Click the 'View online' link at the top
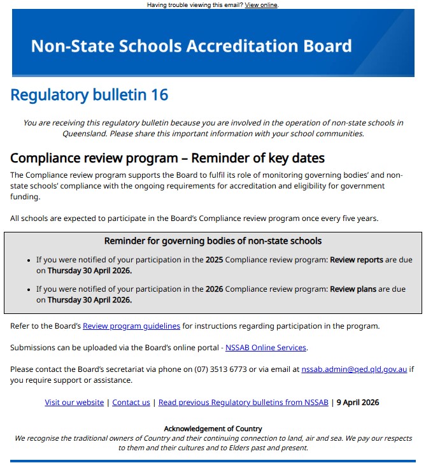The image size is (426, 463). (261, 5)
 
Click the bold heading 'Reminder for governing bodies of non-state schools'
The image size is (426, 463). (213, 241)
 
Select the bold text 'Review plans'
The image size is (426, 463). (353, 289)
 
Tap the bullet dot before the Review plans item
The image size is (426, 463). (29, 290)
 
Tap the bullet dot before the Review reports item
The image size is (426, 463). (29, 260)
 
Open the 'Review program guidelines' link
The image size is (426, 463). (131, 326)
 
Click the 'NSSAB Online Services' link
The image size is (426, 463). (266, 348)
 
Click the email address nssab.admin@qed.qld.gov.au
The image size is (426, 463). (354, 369)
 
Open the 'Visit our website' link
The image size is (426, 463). (74, 402)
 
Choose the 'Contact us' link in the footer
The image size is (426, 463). (131, 402)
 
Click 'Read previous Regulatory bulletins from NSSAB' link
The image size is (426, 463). (243, 402)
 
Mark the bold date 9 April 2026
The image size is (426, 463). (357, 402)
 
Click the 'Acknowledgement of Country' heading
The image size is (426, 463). (213, 429)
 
